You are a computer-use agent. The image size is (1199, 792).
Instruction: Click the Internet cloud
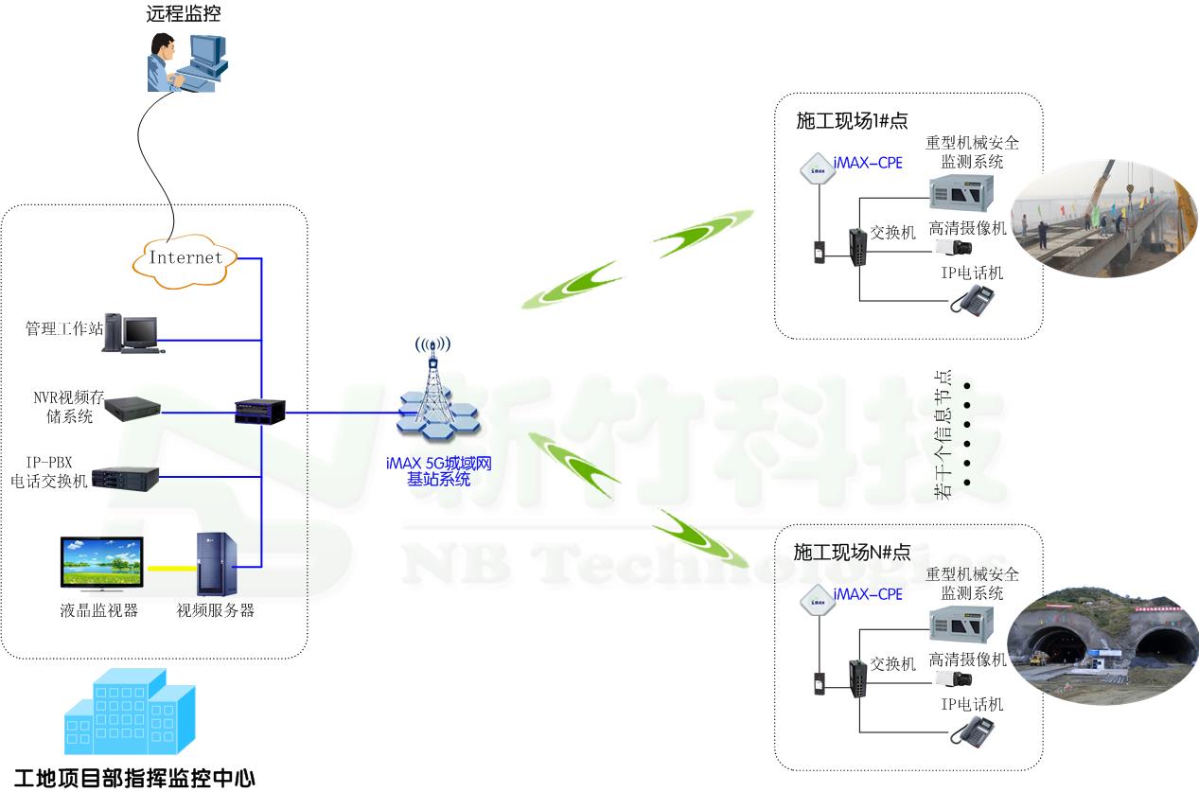click(185, 257)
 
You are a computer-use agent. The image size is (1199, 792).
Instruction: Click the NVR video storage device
click(132, 409)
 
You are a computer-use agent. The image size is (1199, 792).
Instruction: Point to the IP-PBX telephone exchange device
click(131, 477)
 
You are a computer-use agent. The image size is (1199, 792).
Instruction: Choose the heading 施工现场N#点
click(852, 552)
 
